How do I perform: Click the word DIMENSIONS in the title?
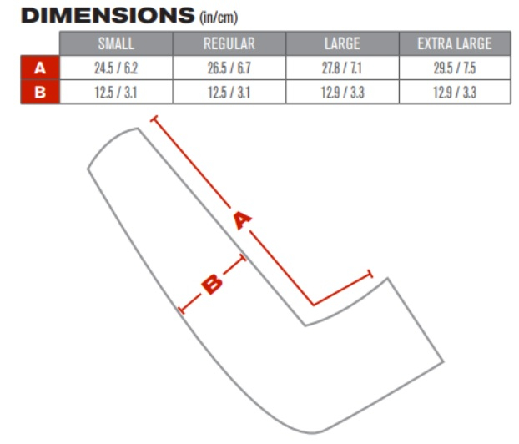click(x=108, y=15)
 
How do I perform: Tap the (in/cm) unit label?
click(x=219, y=18)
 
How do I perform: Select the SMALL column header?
click(x=116, y=43)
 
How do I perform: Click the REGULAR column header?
click(x=229, y=43)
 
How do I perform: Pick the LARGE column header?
click(x=342, y=43)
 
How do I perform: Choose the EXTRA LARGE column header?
click(x=455, y=43)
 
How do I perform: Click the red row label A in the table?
click(x=40, y=68)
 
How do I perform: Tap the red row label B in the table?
click(x=40, y=93)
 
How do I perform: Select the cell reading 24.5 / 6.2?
click(x=116, y=68)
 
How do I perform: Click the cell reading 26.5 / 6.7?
click(x=229, y=68)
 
